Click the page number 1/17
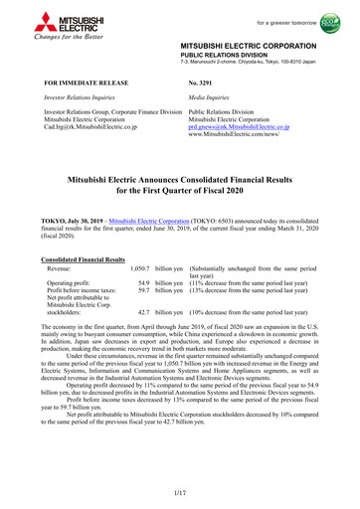tap(179, 493)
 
